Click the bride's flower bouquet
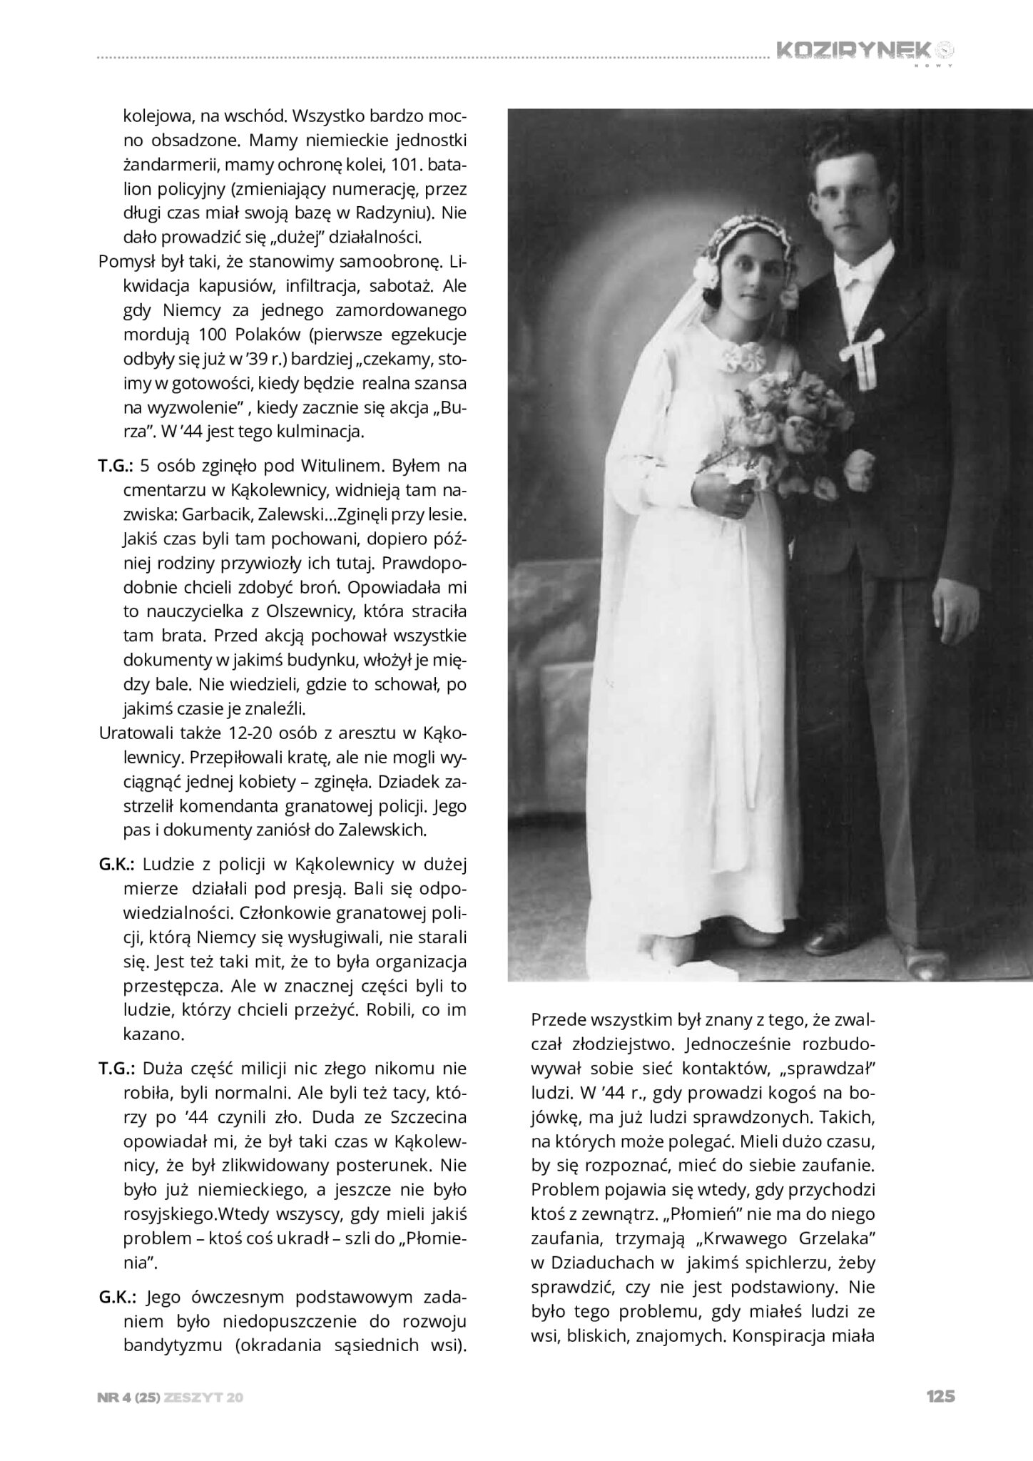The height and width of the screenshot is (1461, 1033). click(x=785, y=428)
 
